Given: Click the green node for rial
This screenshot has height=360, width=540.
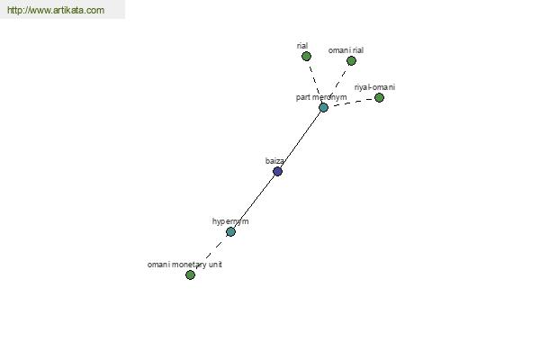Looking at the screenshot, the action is (x=306, y=56).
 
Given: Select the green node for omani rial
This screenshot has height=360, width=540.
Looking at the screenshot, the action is (x=351, y=61).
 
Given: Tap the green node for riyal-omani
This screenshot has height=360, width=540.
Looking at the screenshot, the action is (x=379, y=98).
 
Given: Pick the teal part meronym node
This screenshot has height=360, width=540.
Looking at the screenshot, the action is (x=323, y=107).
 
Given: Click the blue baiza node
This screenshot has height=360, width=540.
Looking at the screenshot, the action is (x=277, y=171).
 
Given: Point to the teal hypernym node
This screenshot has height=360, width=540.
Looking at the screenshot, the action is (x=230, y=232).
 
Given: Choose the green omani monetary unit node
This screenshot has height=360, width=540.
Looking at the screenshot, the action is (x=190, y=274).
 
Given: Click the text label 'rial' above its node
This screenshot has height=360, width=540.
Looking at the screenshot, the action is (x=302, y=46).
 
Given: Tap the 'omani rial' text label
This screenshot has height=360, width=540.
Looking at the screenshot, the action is (x=346, y=50).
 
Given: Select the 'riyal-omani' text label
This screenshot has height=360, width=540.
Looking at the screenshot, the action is (x=374, y=87).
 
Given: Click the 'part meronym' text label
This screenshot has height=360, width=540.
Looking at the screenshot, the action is (x=321, y=97).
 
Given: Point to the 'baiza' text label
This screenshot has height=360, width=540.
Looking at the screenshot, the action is (x=274, y=161).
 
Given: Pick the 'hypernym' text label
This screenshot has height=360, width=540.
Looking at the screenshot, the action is (x=230, y=221).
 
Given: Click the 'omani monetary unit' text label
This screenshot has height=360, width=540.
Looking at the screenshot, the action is (x=184, y=265).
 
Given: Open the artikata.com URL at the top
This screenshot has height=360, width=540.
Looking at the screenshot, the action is (x=56, y=10).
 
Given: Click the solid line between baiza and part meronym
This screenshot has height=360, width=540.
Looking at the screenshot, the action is (x=301, y=139).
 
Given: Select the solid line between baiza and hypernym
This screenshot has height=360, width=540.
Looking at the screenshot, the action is (x=254, y=202).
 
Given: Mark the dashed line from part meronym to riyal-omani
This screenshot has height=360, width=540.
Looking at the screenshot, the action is (x=351, y=102).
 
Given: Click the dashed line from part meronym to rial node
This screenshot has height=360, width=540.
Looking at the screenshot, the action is (x=314, y=81).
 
